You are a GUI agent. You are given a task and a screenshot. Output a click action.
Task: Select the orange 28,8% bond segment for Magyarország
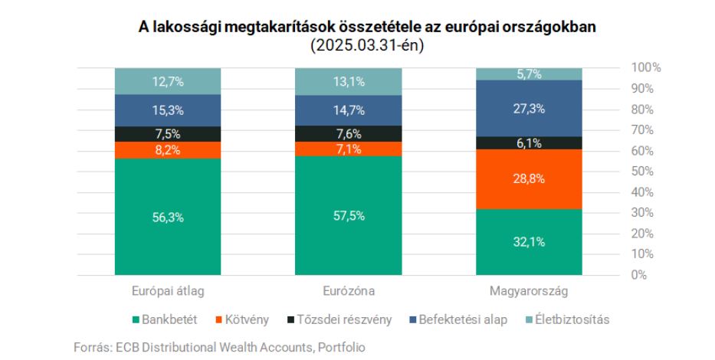point(528,178)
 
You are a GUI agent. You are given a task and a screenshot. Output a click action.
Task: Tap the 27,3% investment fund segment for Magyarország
point(528,108)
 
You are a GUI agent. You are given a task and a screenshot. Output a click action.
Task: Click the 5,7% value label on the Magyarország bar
point(529,74)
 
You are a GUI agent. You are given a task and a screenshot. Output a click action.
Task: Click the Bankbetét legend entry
point(165,319)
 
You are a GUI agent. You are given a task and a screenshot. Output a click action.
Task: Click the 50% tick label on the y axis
point(641,171)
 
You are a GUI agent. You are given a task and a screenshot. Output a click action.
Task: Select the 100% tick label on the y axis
point(644,67)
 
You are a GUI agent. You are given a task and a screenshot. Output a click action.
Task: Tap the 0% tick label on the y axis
point(638,274)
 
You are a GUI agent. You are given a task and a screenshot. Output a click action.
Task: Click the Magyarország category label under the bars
point(528,292)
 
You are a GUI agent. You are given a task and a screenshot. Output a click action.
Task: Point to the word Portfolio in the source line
point(340,347)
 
